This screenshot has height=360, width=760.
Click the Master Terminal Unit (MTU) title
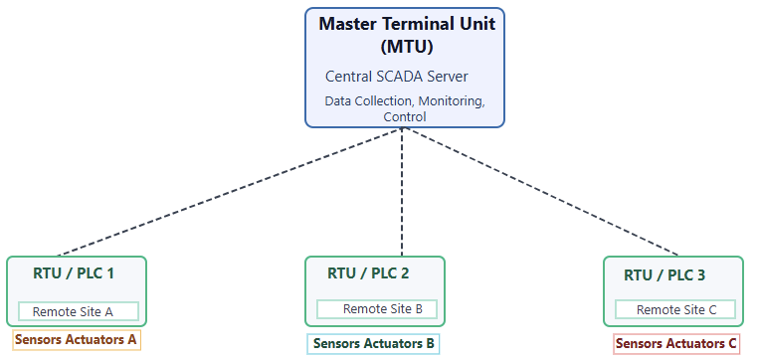pyautogui.click(x=404, y=34)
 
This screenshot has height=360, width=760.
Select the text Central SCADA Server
pyautogui.click(x=396, y=77)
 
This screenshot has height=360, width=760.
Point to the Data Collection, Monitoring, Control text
pyautogui.click(x=404, y=108)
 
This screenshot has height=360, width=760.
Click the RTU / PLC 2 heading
pyautogui.click(x=368, y=272)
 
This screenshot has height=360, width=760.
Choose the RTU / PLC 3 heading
pyautogui.click(x=665, y=274)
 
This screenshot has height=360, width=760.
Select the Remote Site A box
pyautogui.click(x=78, y=311)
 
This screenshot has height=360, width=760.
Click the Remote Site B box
pyautogui.click(x=377, y=308)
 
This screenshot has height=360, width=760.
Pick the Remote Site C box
pyautogui.click(x=676, y=309)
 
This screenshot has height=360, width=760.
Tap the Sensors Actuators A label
pyautogui.click(x=76, y=339)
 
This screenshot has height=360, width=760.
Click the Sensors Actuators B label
pyautogui.click(x=374, y=344)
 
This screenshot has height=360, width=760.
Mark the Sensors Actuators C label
pyautogui.click(x=676, y=344)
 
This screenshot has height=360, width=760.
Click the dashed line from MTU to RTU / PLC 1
pyautogui.click(x=229, y=194)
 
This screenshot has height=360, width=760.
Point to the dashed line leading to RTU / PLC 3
pyautogui.click(x=542, y=194)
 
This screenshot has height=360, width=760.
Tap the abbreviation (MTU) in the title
pyautogui.click(x=404, y=45)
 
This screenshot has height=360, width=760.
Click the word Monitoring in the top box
pyautogui.click(x=451, y=101)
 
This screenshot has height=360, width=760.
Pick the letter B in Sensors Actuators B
pyautogui.click(x=430, y=344)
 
